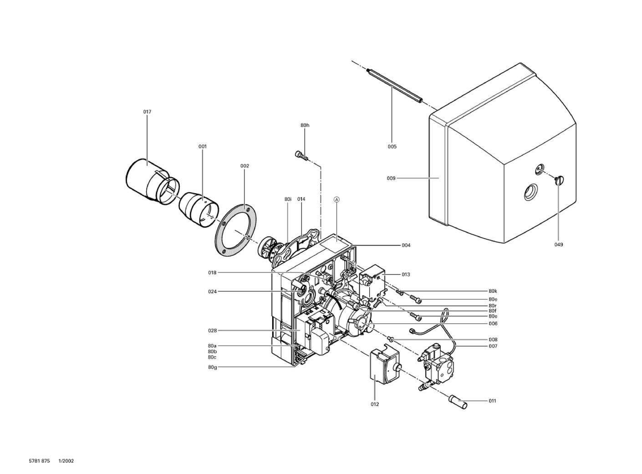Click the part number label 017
[x=147, y=112]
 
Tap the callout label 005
[x=392, y=147]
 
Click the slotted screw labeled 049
[x=559, y=180]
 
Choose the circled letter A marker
[x=336, y=199]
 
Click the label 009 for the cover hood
[x=391, y=178]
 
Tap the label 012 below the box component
[x=375, y=404]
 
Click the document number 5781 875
[x=39, y=461]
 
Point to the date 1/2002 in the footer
[x=66, y=461]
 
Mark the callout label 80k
[x=493, y=291]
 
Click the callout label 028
[x=212, y=331]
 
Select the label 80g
[x=212, y=367]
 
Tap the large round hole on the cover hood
[x=531, y=191]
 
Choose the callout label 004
[x=406, y=245]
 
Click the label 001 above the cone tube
[x=202, y=146]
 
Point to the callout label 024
[x=212, y=291]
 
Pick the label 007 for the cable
[x=493, y=346]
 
